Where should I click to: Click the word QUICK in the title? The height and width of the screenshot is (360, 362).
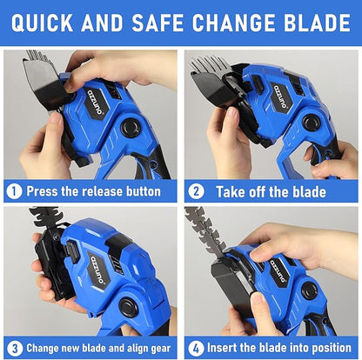coord(42,23)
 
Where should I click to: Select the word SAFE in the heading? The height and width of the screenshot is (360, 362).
coord(158,23)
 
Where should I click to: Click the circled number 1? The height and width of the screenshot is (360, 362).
coord(14,191)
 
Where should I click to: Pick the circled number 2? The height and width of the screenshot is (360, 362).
coord(197,191)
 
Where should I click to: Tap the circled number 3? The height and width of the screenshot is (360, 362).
coord(15,349)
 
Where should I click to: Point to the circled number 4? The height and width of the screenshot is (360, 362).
coord(197,349)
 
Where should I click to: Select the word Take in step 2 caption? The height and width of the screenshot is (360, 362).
coord(229,192)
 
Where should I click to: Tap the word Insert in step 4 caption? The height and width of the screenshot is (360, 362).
coord(222,348)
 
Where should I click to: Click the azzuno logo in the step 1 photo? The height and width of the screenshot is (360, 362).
coord(96,103)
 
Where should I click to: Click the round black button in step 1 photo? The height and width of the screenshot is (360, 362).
coord(131,127)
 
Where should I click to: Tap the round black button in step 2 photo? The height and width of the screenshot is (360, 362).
coord(312,123)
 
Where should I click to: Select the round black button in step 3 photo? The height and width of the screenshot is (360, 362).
coord(129,307)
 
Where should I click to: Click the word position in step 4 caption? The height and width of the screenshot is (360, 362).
coord(332,349)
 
